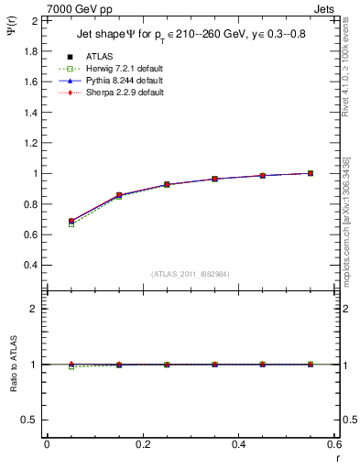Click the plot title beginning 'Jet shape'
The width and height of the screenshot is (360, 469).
click(x=192, y=36)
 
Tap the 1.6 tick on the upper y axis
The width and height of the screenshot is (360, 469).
click(x=30, y=82)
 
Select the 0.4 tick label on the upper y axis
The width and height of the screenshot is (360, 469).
click(x=30, y=266)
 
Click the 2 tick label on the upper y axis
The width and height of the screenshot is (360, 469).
click(x=35, y=20)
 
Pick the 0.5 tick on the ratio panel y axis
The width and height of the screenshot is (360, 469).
click(x=30, y=420)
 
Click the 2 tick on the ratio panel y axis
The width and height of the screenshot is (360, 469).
click(x=35, y=309)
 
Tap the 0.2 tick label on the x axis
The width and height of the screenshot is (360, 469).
click(x=142, y=444)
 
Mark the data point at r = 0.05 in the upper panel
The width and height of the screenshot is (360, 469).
click(x=71, y=221)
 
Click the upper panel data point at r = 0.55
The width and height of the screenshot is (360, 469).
click(x=310, y=173)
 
